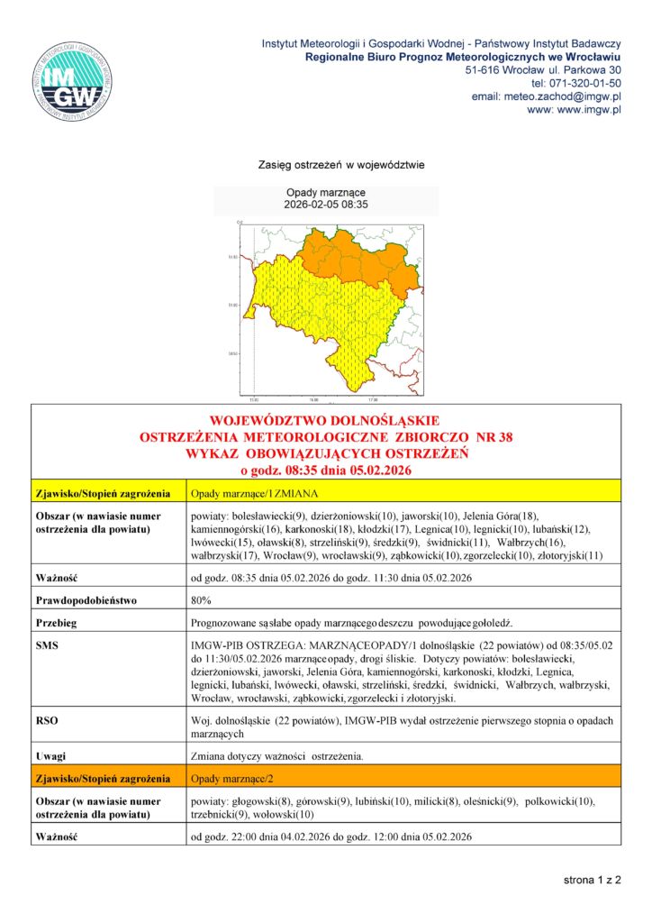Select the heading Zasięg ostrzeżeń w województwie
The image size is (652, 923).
tap(326, 166)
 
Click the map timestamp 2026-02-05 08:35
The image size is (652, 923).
tap(326, 206)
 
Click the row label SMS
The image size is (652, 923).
tap(46, 647)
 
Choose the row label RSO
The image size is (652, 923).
tap(46, 720)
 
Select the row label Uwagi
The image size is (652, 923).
tap(50, 755)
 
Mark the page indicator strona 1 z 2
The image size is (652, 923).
tap(593, 879)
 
